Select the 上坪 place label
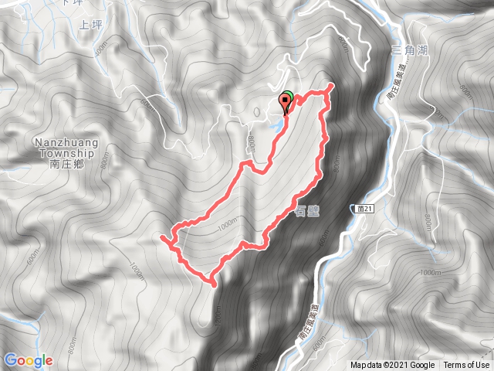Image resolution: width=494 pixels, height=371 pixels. pyautogui.click(x=90, y=25)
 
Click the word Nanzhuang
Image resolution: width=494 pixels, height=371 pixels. pyautogui.click(x=64, y=143)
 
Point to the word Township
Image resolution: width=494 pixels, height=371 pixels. pyautogui.click(x=64, y=153)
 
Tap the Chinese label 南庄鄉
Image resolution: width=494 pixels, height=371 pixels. pyautogui.click(x=64, y=164)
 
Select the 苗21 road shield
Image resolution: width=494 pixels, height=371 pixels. pyautogui.click(x=367, y=209)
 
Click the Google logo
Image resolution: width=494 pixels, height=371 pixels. pyautogui.click(x=29, y=360)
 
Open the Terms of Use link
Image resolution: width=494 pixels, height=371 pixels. pyautogui.click(x=466, y=366)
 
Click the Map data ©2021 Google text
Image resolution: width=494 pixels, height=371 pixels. pyautogui.click(x=392, y=366)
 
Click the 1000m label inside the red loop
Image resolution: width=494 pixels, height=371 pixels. pyautogui.click(x=228, y=223)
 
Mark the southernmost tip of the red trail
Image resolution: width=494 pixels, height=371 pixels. pyautogui.click(x=211, y=284)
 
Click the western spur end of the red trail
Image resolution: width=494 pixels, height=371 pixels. pyautogui.click(x=161, y=238)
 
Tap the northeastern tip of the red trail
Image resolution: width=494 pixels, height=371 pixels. pyautogui.click(x=331, y=85)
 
